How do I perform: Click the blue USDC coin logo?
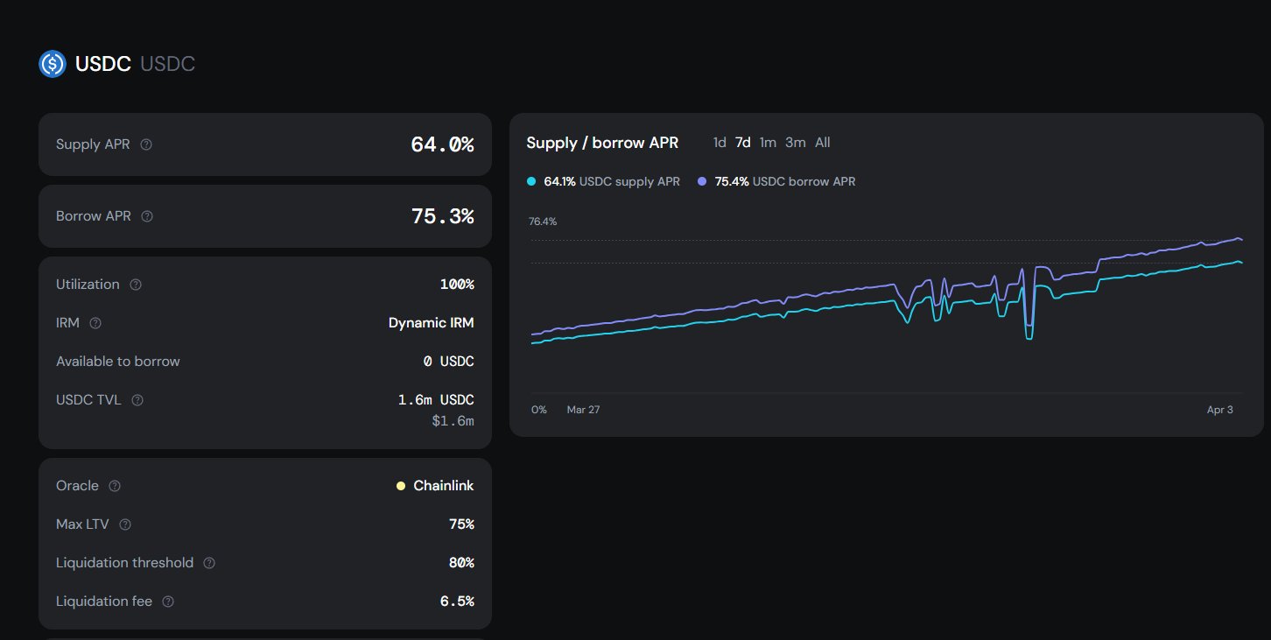[53, 64]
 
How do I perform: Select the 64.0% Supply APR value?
[442, 144]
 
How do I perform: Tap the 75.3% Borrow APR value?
[442, 216]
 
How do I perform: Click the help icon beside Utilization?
[136, 285]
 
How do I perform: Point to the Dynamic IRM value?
[431, 323]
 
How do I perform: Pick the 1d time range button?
[720, 143]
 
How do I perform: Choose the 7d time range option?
[742, 143]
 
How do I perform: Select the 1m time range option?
[768, 143]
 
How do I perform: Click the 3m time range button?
[795, 143]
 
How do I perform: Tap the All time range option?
[823, 143]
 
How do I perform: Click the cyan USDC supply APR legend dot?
[531, 182]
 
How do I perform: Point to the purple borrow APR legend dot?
[702, 182]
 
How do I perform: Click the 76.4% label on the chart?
[543, 222]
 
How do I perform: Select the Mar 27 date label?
[583, 410]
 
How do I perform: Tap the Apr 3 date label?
[1219, 410]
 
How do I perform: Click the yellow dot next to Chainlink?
[401, 486]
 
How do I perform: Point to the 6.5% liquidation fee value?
[456, 601]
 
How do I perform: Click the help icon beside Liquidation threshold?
[209, 563]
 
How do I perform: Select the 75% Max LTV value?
[460, 524]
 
